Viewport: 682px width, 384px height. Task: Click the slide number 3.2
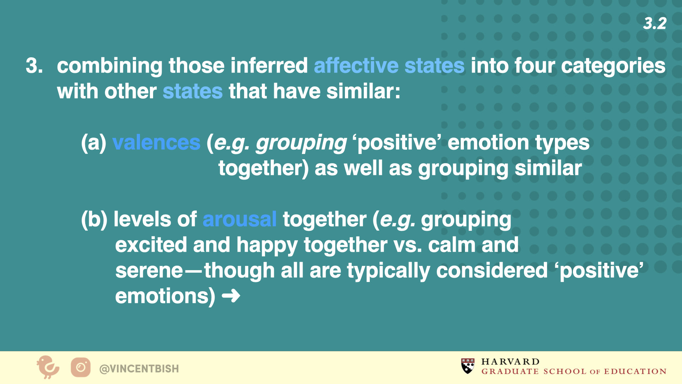(655, 23)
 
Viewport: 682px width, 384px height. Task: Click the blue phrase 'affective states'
(389, 66)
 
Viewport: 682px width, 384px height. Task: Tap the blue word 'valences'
(156, 143)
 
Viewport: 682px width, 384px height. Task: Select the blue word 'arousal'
(239, 219)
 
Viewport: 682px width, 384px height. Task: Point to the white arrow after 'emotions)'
(231, 296)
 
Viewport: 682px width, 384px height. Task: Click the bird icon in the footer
(48, 367)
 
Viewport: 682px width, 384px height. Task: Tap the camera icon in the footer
(81, 367)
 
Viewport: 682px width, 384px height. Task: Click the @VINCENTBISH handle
(139, 369)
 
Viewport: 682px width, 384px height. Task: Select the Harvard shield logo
(468, 366)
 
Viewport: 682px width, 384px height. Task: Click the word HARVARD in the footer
(510, 362)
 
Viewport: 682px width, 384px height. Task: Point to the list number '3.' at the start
(34, 66)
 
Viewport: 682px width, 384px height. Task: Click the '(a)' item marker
(94, 143)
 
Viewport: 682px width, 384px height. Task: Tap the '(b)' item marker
(94, 220)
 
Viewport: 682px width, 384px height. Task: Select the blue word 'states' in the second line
(193, 91)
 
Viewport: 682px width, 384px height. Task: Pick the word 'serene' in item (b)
(149, 271)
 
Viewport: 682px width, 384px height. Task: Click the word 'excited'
(151, 245)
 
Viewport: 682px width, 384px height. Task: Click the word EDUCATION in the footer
(635, 372)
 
